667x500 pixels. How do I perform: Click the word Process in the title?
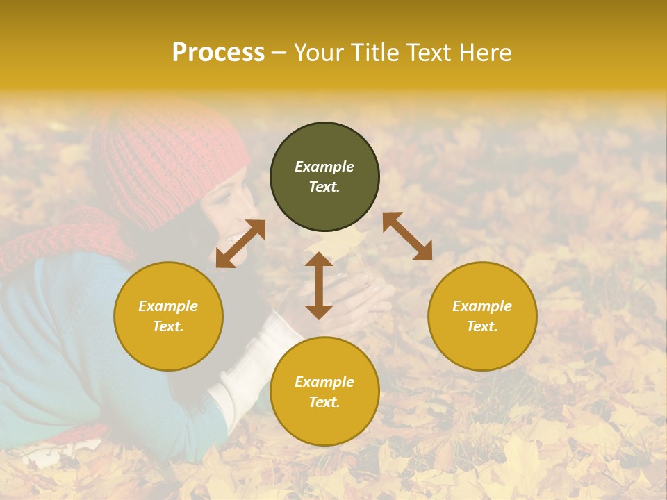tap(218, 53)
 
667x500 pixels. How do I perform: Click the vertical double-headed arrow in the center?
tap(319, 285)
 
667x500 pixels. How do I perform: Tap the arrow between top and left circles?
tap(240, 244)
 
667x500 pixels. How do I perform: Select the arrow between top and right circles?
tap(407, 236)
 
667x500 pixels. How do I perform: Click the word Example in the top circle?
tap(324, 167)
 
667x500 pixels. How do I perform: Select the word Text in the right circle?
tap(482, 326)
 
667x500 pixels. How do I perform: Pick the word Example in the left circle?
tap(168, 306)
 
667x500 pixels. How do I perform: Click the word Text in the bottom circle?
tap(324, 402)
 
